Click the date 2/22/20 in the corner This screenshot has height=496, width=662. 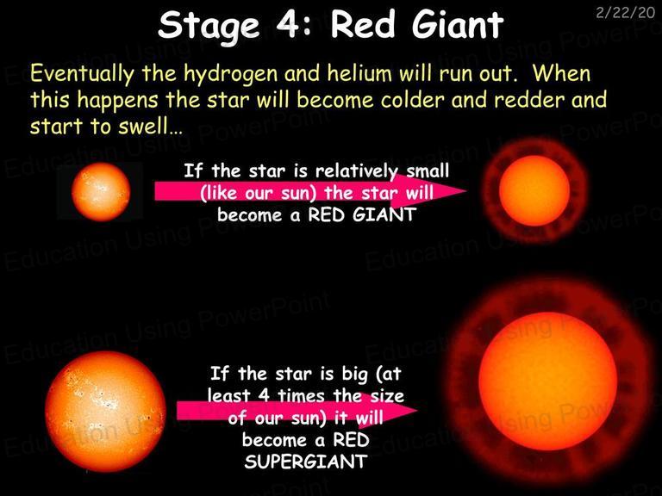pyautogui.click(x=625, y=13)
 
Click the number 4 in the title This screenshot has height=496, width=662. pyautogui.click(x=290, y=24)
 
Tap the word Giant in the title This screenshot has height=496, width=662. pyautogui.click(x=458, y=24)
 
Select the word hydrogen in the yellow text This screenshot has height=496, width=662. pyautogui.click(x=231, y=74)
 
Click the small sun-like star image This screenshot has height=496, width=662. pyautogui.click(x=101, y=192)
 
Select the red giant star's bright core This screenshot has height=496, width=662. pyautogui.click(x=534, y=190)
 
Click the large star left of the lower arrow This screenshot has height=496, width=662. pyautogui.click(x=105, y=411)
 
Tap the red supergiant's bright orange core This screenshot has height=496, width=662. pyautogui.click(x=547, y=381)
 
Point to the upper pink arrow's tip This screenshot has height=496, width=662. pyautogui.click(x=466, y=190)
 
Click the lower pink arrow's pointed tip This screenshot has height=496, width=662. pyautogui.click(x=417, y=410)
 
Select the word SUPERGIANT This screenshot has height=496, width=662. pyautogui.click(x=306, y=462)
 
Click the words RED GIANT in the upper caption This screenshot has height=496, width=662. pyautogui.click(x=362, y=214)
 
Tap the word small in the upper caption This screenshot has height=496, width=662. pyautogui.click(x=428, y=170)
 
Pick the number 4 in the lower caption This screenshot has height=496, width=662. pyautogui.click(x=264, y=395)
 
